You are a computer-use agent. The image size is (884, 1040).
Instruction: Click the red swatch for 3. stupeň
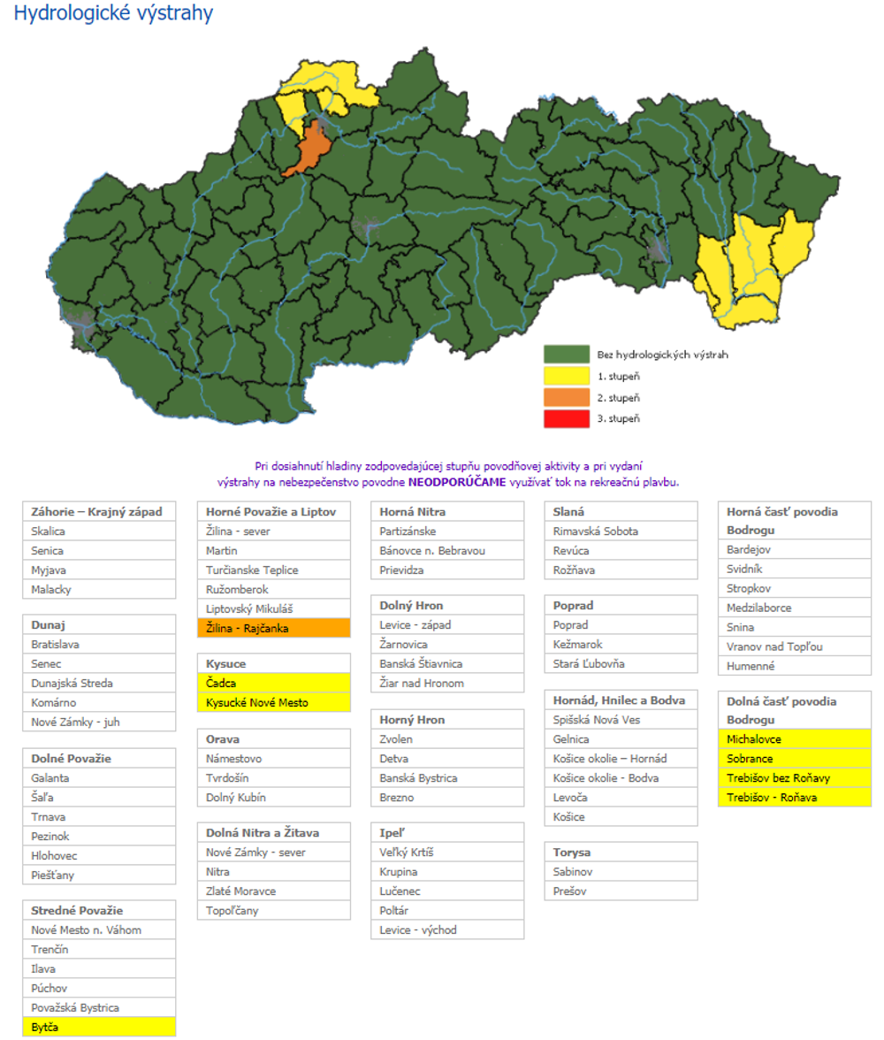click(x=566, y=418)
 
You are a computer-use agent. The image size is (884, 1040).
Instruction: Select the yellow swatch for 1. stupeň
click(x=566, y=376)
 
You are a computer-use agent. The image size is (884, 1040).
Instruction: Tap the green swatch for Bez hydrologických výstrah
click(x=566, y=355)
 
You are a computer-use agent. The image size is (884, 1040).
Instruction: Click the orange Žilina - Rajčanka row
click(x=274, y=628)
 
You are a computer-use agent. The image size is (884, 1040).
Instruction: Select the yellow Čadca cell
click(x=274, y=683)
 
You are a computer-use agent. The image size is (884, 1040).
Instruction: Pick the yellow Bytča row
click(x=99, y=1027)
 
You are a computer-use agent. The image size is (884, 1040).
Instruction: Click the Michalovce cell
click(x=794, y=738)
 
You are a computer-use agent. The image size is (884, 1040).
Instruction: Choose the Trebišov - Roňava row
click(x=794, y=797)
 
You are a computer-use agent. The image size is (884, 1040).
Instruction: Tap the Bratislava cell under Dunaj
click(x=99, y=645)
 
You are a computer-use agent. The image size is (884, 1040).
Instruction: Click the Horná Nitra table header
click(x=447, y=512)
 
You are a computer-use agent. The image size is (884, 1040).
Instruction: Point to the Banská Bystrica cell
click(x=447, y=778)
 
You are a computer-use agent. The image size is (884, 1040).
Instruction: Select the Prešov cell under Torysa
click(x=621, y=891)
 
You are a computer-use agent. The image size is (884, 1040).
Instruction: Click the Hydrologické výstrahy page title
click(x=113, y=14)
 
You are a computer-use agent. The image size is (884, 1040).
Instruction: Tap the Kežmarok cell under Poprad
click(x=621, y=645)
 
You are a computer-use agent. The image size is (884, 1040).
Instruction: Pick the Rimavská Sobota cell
click(x=621, y=531)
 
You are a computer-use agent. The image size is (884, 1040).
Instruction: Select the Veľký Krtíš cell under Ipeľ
click(x=447, y=853)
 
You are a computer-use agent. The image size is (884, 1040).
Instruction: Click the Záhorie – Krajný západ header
click(x=99, y=512)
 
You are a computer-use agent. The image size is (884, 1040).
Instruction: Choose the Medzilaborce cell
click(x=794, y=608)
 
